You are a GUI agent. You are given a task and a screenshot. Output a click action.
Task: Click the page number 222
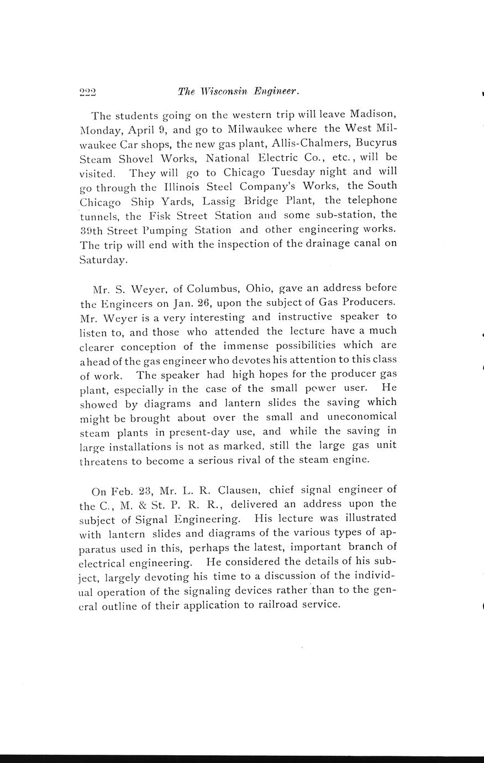tap(88, 92)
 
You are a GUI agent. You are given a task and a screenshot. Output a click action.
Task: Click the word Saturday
tap(103, 259)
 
